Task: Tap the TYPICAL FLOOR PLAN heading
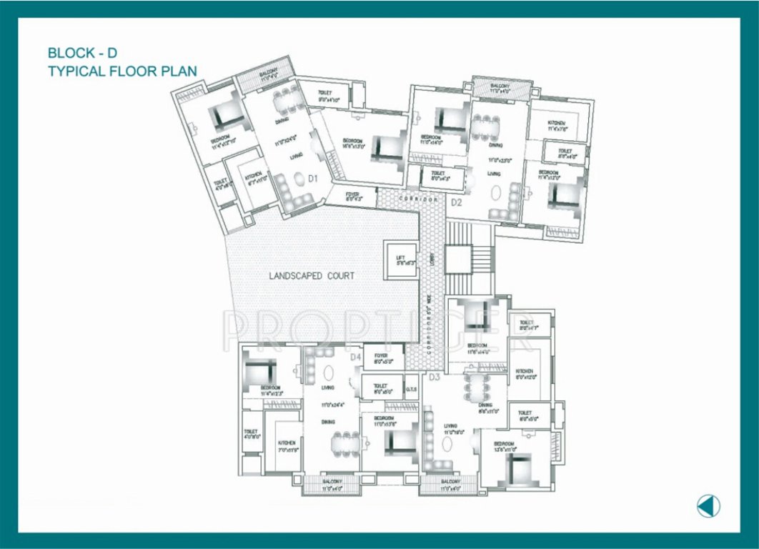click(121, 71)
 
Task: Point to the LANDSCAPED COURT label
click(312, 275)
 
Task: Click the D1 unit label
click(313, 178)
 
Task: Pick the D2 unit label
click(457, 203)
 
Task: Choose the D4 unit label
click(356, 356)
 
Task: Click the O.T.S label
click(412, 390)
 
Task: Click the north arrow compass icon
click(708, 506)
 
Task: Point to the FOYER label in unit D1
click(352, 194)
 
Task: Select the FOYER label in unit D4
click(380, 356)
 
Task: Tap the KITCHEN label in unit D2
click(557, 123)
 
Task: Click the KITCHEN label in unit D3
click(525, 372)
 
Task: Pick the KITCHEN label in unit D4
click(287, 443)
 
